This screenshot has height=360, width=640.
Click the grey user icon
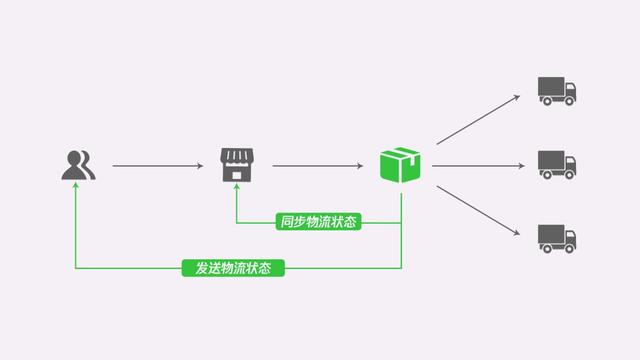coord(77,165)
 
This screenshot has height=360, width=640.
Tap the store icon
coord(237,165)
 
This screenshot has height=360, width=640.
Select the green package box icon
coord(401,164)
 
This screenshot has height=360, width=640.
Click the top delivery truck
coord(557,91)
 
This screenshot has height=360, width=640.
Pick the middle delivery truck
coord(557,164)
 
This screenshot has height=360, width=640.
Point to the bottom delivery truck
coord(557,237)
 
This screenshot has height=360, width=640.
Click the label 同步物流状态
coord(318,222)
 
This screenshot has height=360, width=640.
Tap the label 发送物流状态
coord(233,268)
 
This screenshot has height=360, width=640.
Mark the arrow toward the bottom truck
coord(478,211)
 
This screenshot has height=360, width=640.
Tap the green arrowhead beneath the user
coord(77,192)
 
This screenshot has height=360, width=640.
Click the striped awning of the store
coord(237,155)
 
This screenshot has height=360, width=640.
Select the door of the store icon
coord(237,175)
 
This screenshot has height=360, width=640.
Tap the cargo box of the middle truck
coord(550,160)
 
